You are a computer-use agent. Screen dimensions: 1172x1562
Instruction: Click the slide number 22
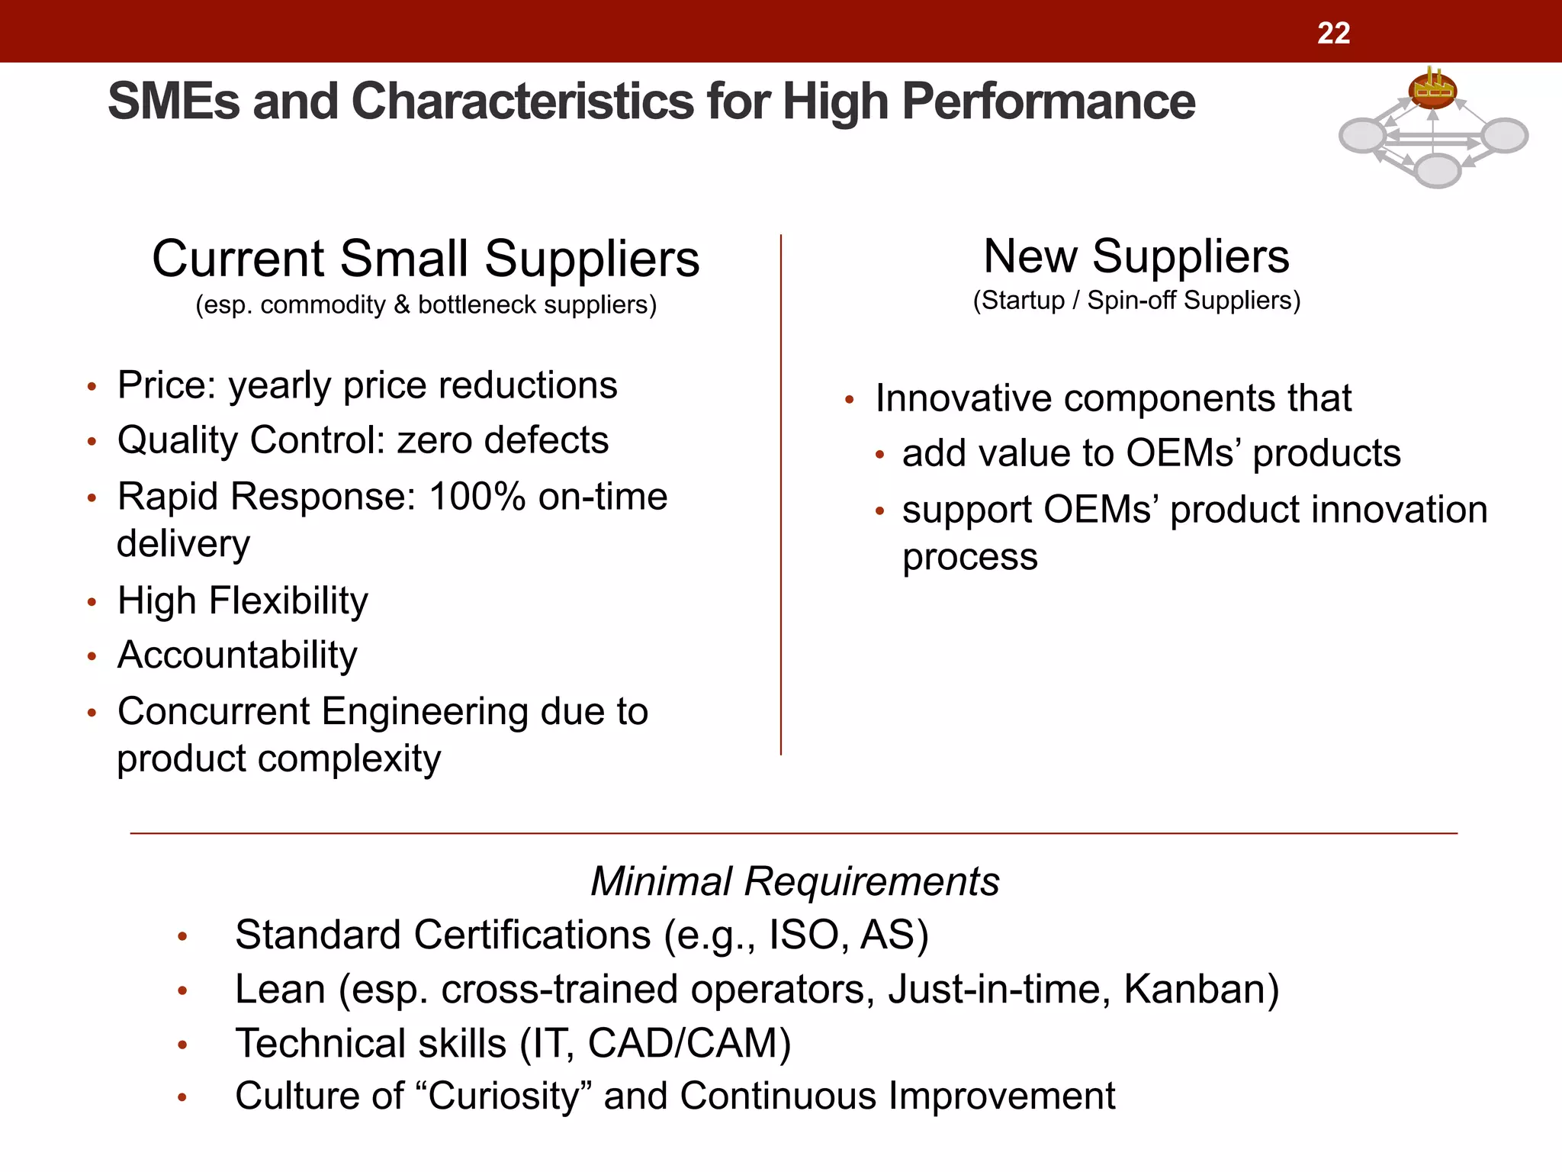pyautogui.click(x=1333, y=33)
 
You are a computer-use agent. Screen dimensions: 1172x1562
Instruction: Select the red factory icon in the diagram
pyautogui.click(x=1432, y=90)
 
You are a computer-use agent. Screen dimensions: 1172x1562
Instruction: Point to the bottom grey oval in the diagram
pyautogui.click(x=1437, y=170)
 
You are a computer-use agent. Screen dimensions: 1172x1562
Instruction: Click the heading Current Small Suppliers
pyautogui.click(x=426, y=259)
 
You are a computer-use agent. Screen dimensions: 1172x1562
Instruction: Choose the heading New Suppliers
pyautogui.click(x=1136, y=256)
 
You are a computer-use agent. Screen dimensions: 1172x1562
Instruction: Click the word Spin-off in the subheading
pyautogui.click(x=1131, y=300)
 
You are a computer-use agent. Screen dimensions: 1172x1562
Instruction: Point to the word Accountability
pyautogui.click(x=237, y=655)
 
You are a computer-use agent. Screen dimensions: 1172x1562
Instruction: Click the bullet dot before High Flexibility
pyautogui.click(x=92, y=603)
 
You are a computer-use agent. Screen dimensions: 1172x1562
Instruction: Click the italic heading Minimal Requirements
pyautogui.click(x=795, y=881)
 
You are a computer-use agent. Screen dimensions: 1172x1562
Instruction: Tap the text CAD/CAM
pyautogui.click(x=689, y=1043)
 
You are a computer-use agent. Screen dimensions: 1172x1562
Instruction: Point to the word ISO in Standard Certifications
pyautogui.click(x=804, y=935)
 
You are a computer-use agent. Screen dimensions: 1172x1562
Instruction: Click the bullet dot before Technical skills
pyautogui.click(x=182, y=1045)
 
